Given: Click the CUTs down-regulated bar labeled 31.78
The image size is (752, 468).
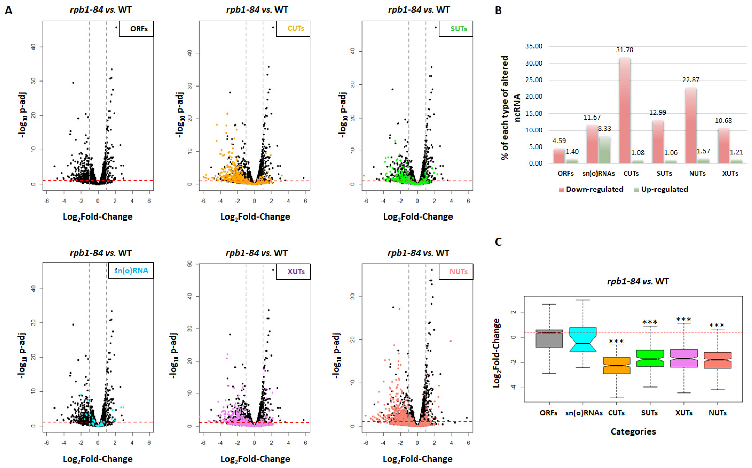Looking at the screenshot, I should pos(625,111).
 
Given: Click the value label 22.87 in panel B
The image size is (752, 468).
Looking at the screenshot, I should pos(691,80).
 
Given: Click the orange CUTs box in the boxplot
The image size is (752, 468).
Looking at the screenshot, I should pos(616,365).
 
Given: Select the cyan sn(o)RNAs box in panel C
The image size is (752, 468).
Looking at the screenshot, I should pos(583,339).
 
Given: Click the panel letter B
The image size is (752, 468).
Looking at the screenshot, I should pos(498,11).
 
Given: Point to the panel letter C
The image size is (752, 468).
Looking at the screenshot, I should pos(498,242).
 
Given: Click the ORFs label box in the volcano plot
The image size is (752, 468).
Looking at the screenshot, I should pos(136,29).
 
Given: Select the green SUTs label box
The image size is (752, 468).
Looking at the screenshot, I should pos(456,29).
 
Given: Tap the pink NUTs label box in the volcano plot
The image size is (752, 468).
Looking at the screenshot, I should pos(456,271).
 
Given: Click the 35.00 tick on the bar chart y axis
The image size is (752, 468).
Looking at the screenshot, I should pos(534,46).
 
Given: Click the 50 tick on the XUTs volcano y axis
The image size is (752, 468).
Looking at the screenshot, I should pos(190,264).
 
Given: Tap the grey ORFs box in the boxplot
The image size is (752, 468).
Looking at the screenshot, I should pos(549,338).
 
